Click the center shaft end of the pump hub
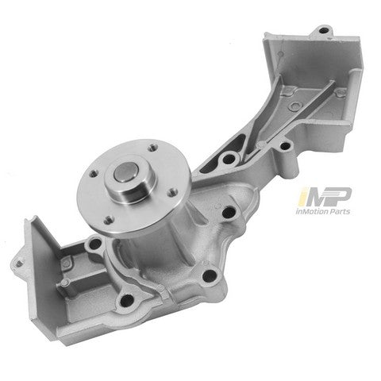point(129,174)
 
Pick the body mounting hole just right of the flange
point(229,213)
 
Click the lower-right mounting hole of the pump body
point(208,275)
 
